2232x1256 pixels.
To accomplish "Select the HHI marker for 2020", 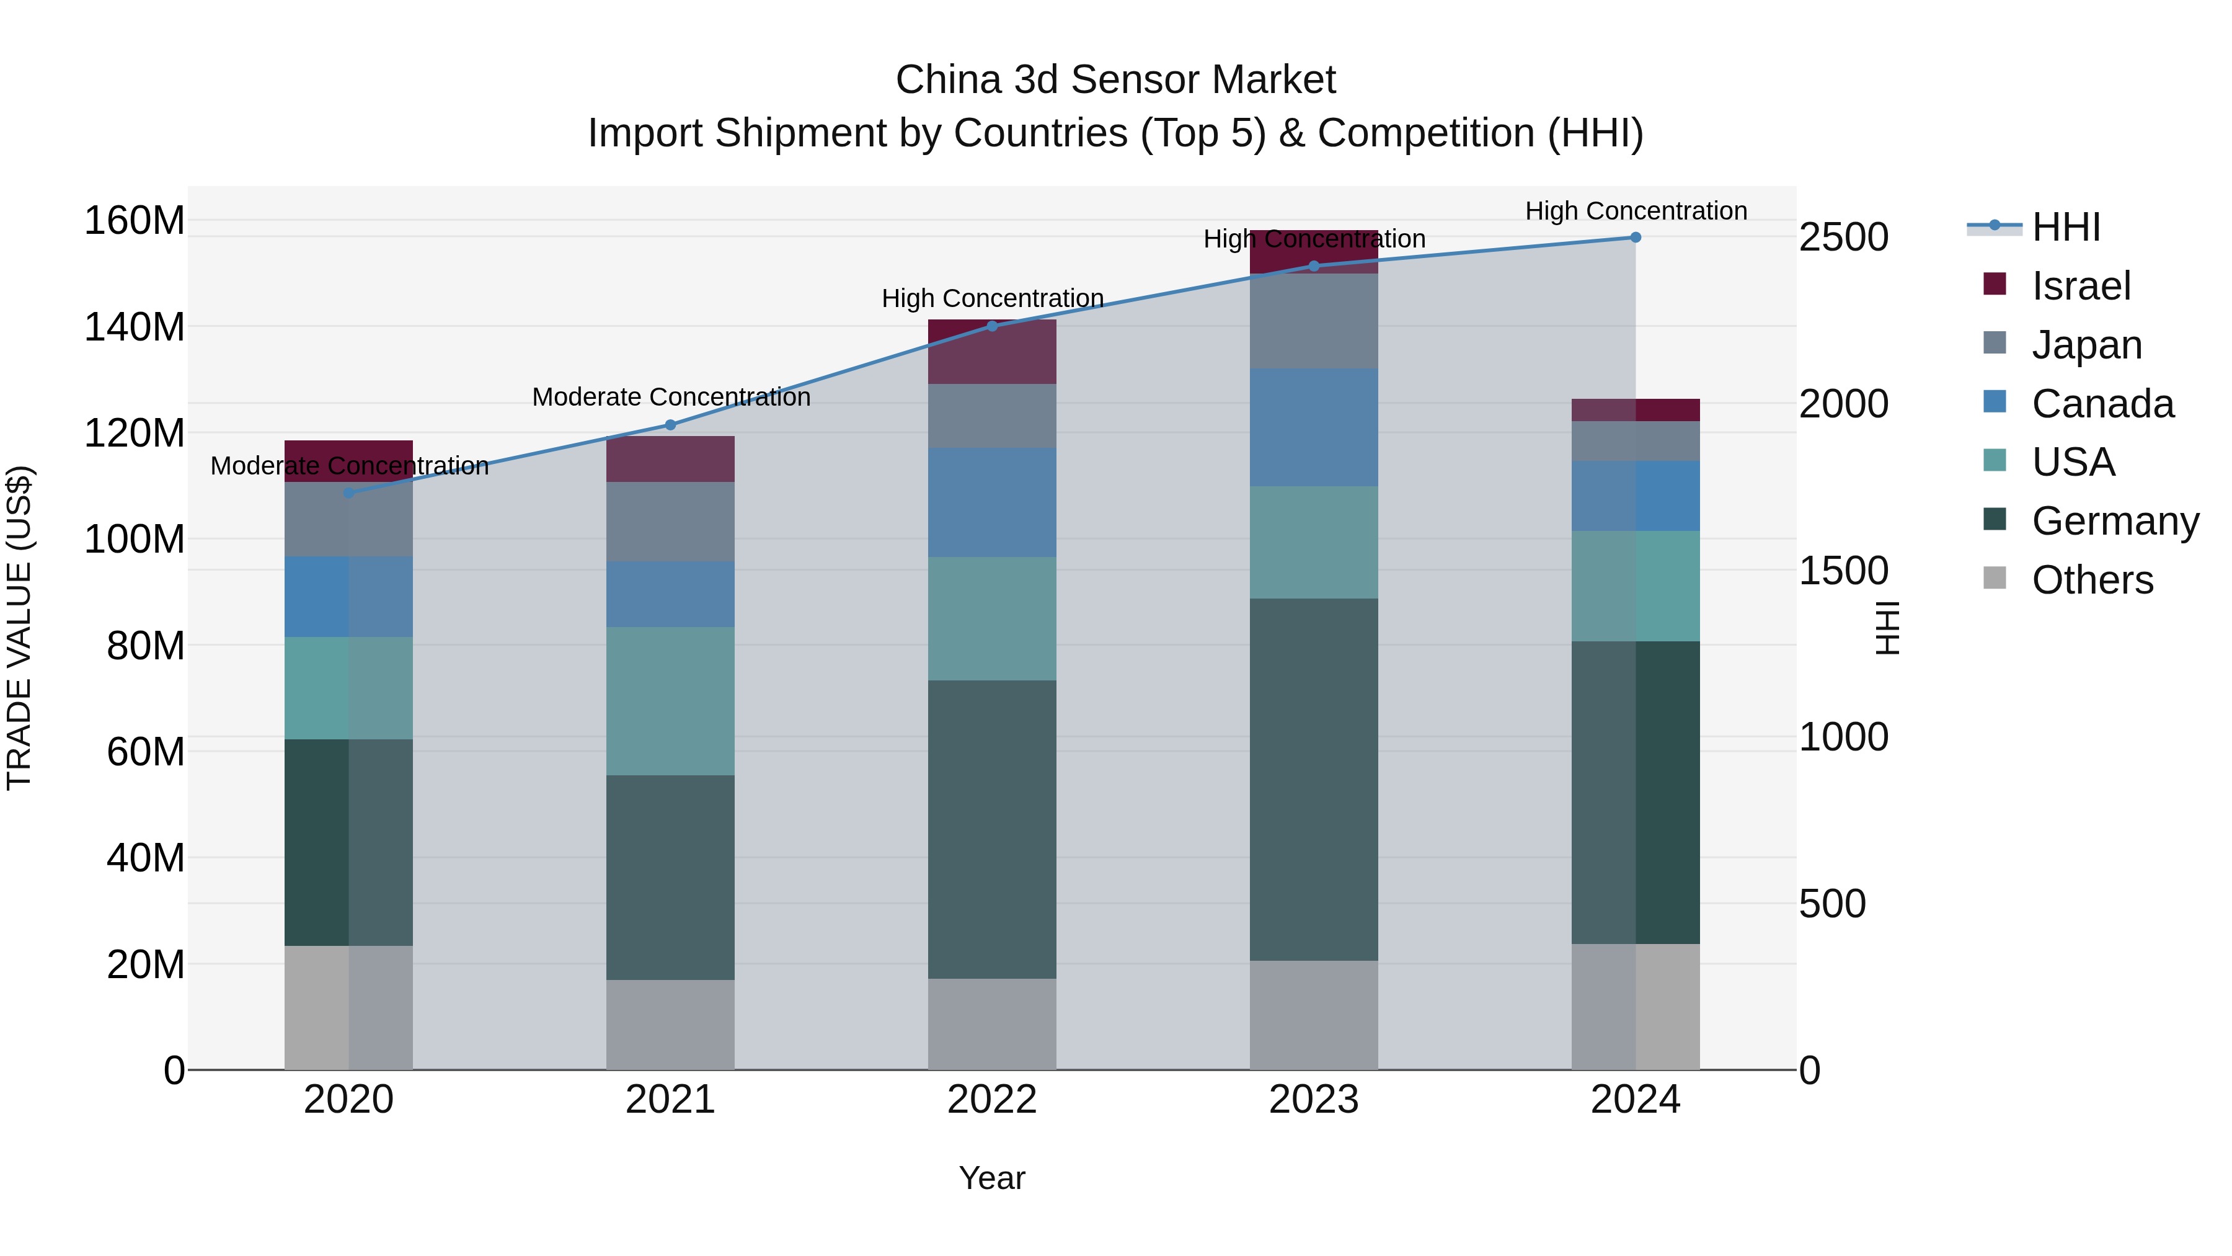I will click(348, 492).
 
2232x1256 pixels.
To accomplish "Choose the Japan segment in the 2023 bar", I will click(1314, 321).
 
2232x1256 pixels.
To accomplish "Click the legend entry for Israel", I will click(2079, 285).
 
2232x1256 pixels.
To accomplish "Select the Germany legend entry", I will click(2114, 521).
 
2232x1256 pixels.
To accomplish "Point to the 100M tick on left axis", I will click(135, 539).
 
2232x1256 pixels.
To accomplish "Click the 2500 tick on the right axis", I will click(1844, 237).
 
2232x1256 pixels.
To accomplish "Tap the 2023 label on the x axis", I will click(1314, 1099).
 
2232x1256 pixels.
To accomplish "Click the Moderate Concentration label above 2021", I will click(671, 397).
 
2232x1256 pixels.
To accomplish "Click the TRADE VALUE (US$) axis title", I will click(19, 628).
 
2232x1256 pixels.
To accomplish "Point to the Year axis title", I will click(991, 1178).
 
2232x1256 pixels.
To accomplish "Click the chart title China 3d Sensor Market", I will click(1115, 80).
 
